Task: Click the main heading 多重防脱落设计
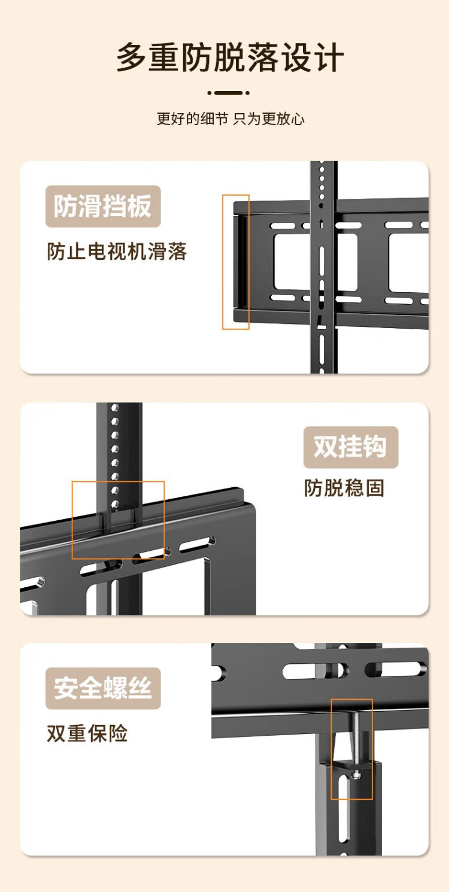coord(230,58)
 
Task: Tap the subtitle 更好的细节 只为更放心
coord(230,119)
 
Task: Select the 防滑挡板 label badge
coord(103,207)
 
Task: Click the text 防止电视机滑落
coord(117,251)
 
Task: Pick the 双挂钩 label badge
coord(350,447)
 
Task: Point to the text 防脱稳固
coord(344,489)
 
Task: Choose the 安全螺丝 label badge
coord(103,688)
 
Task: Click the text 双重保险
coord(87,733)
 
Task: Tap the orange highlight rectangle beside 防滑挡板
coord(236,262)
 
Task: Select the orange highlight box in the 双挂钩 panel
coord(118,520)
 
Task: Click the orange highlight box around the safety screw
coord(351,749)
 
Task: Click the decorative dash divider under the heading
coord(229,93)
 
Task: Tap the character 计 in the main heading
coord(329,58)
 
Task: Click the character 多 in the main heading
coord(132,58)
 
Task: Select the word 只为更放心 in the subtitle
coord(269,119)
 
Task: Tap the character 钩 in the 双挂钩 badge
coord(375,447)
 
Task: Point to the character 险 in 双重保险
coord(118,733)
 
